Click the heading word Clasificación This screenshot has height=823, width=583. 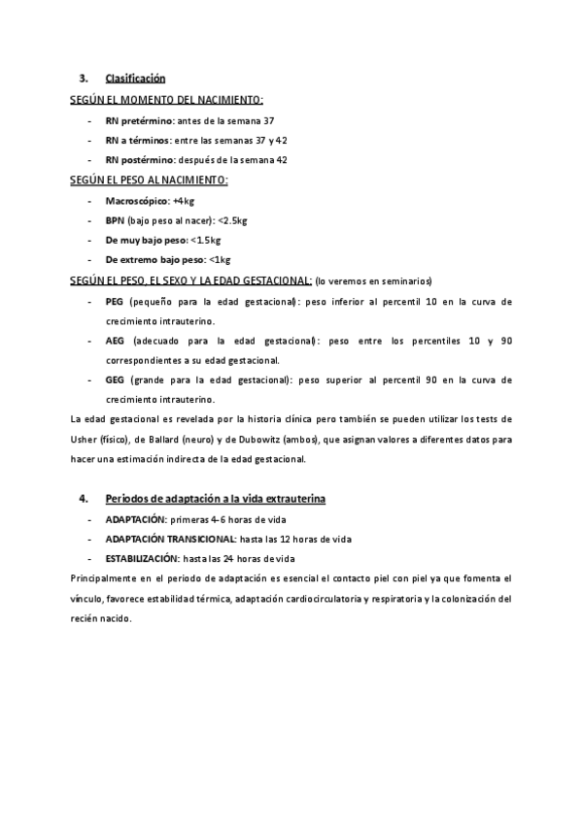tap(136, 78)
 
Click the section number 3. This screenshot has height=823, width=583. tap(85, 78)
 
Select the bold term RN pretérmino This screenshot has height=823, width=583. tap(139, 120)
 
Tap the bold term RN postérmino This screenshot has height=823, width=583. tap(140, 159)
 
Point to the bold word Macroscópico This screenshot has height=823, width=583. tap(137, 201)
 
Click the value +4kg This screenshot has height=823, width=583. tap(184, 201)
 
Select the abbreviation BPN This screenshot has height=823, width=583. tap(115, 220)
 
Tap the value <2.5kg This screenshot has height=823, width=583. tap(233, 220)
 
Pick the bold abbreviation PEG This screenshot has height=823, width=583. tap(115, 302)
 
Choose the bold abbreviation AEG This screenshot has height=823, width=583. tap(115, 342)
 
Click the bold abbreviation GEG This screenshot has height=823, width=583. tap(115, 380)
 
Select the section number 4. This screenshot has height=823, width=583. tap(85, 499)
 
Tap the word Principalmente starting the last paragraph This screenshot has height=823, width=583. tap(107, 578)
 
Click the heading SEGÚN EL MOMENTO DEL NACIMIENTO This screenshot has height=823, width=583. tap(167, 100)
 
